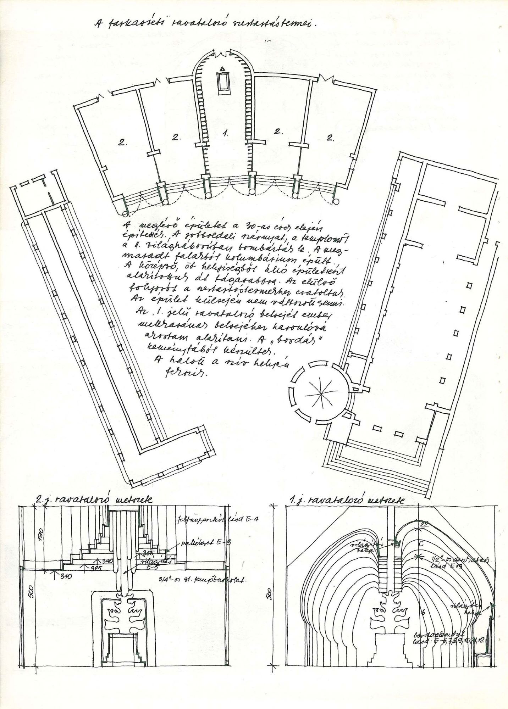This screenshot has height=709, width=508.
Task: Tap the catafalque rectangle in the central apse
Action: tap(223, 82)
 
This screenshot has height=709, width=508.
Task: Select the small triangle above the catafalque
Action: tap(222, 68)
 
